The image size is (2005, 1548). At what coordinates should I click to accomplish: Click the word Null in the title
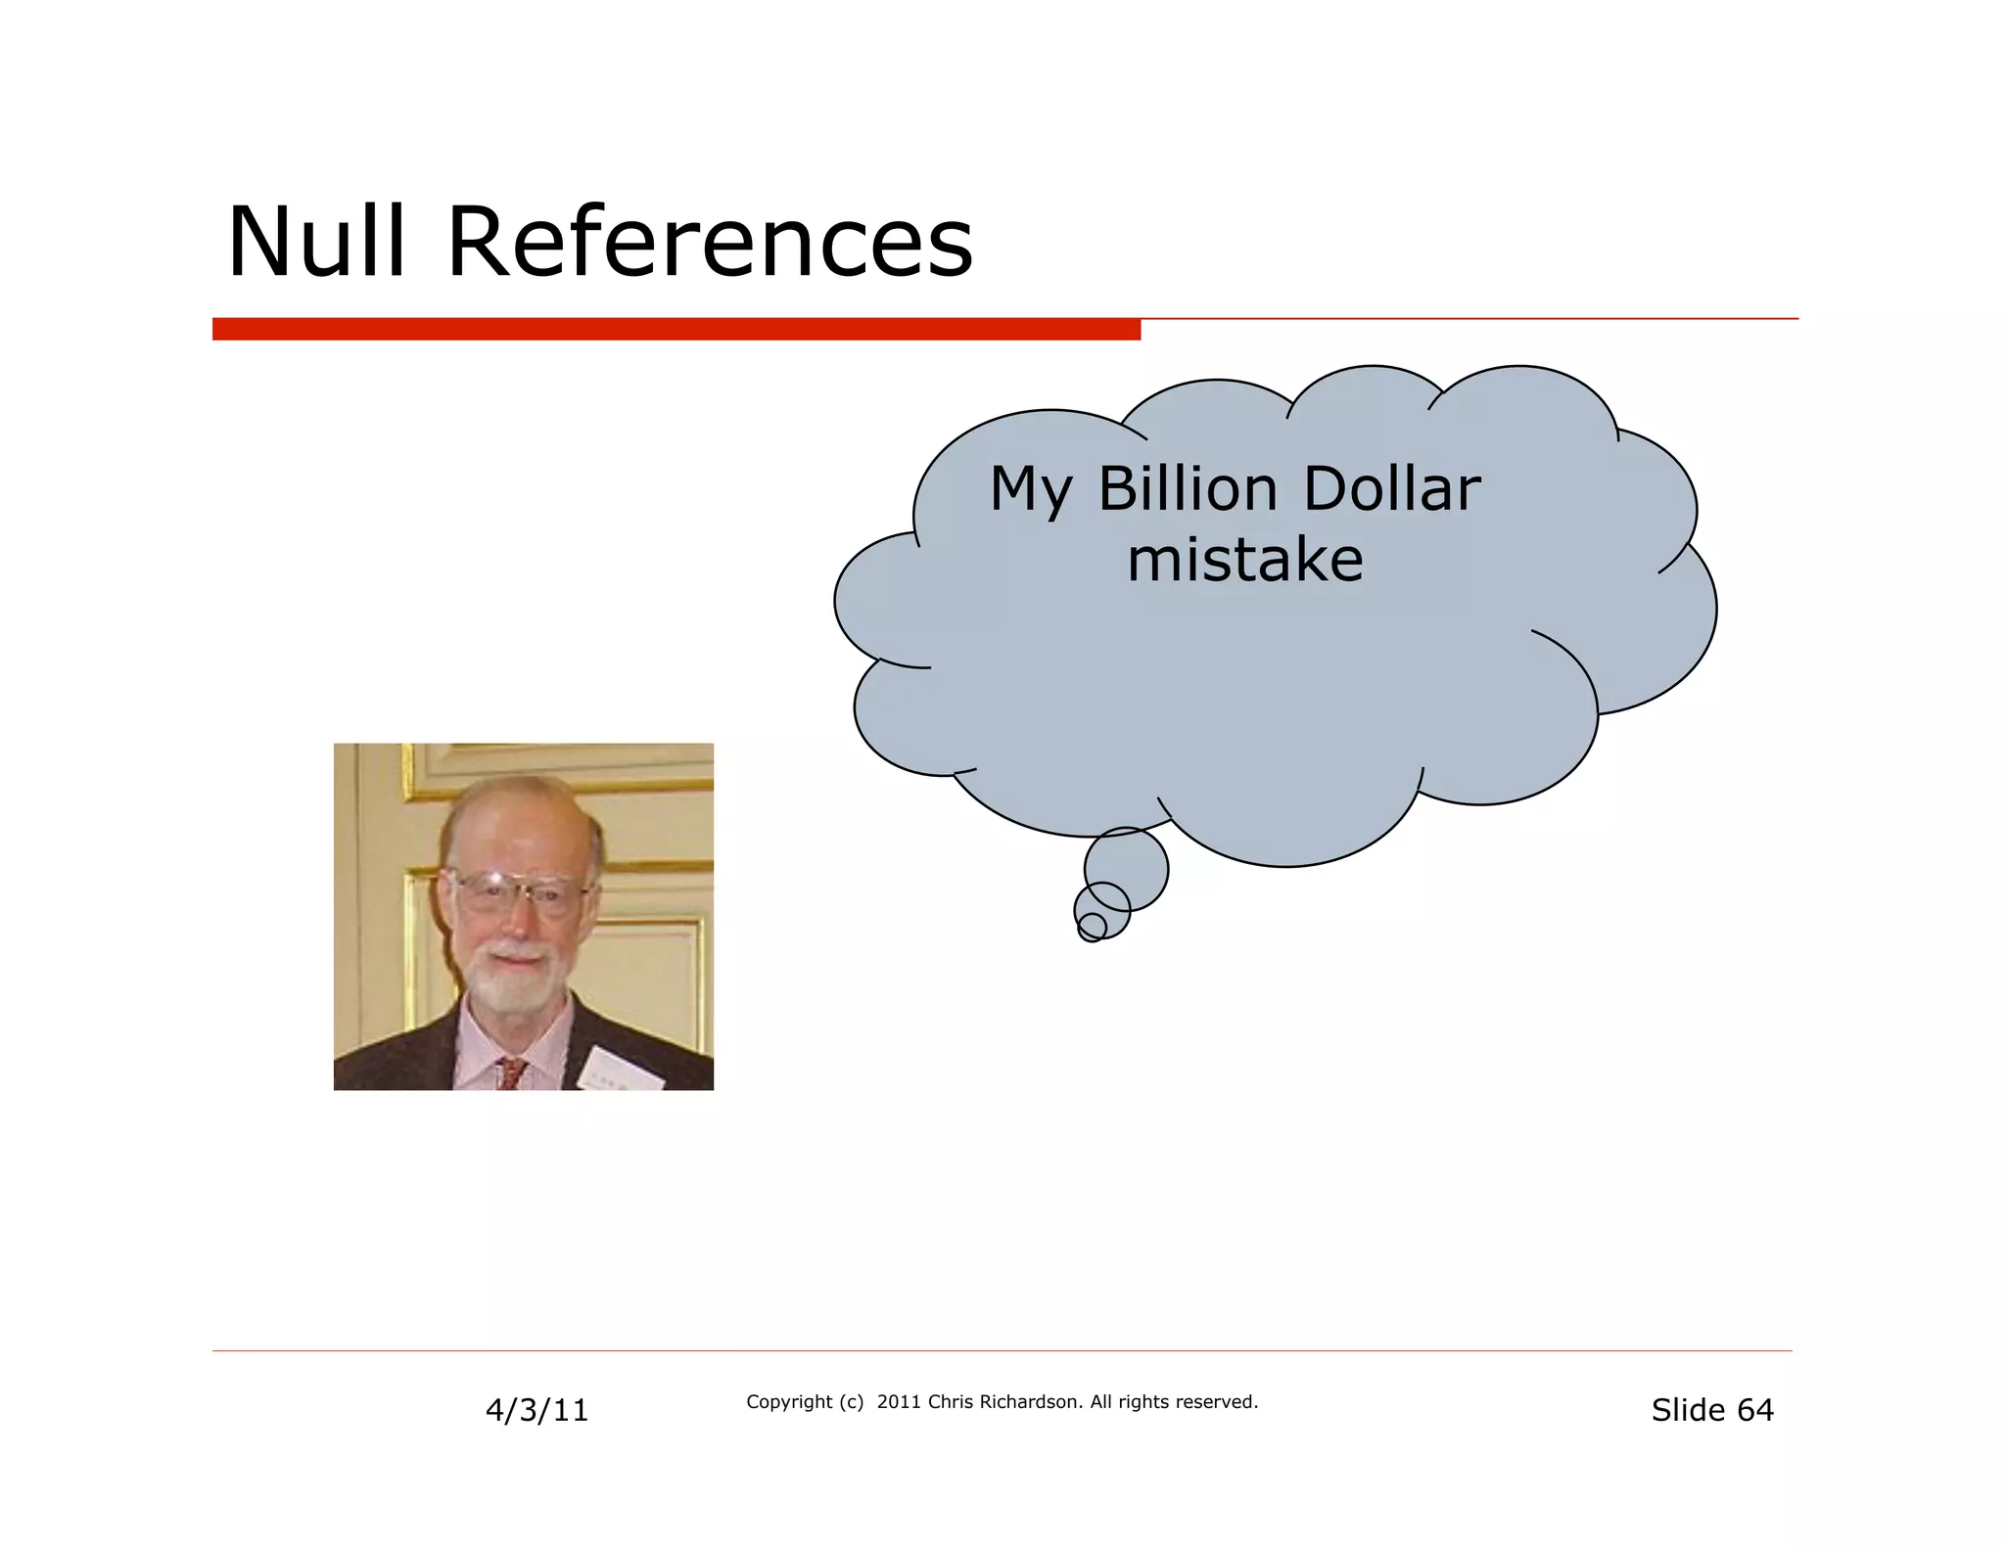315,242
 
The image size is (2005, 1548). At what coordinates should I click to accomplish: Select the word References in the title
710,242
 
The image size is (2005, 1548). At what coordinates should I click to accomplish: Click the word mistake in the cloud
1244,560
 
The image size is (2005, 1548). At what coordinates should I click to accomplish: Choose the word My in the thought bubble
1031,490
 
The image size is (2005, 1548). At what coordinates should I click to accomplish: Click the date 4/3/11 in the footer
536,1410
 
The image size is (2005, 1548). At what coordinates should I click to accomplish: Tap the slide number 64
1754,1410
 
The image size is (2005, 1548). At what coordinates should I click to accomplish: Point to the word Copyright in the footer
789,1402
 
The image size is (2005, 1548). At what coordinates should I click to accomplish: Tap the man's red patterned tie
510,1073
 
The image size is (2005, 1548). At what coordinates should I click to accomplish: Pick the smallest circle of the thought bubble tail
1092,927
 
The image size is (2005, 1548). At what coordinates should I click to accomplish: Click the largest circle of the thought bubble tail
1126,869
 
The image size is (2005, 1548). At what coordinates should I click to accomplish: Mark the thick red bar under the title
676,329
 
